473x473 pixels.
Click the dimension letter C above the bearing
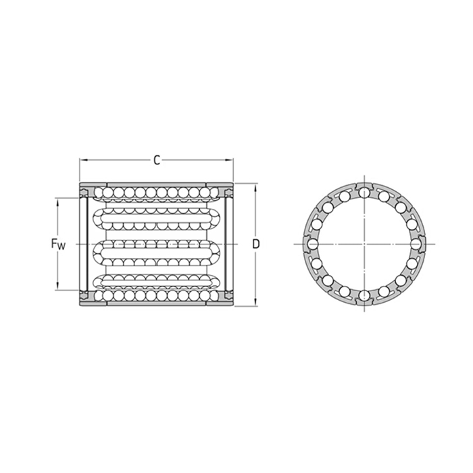click(x=156, y=160)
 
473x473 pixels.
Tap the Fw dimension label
click(x=58, y=244)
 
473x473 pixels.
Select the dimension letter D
click(x=256, y=243)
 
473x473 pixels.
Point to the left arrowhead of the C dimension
click(x=82, y=160)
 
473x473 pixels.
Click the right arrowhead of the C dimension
click(x=231, y=160)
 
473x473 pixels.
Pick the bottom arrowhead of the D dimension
click(x=255, y=303)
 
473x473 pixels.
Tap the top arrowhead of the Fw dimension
click(x=57, y=200)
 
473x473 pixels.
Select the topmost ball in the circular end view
click(x=365, y=193)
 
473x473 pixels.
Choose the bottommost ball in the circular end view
click(x=365, y=295)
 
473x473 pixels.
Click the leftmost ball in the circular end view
click(x=314, y=243)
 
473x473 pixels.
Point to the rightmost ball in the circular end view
click(x=416, y=243)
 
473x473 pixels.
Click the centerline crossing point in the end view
click(x=365, y=243)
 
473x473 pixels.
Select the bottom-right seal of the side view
click(x=228, y=295)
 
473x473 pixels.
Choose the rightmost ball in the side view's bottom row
click(x=215, y=295)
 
